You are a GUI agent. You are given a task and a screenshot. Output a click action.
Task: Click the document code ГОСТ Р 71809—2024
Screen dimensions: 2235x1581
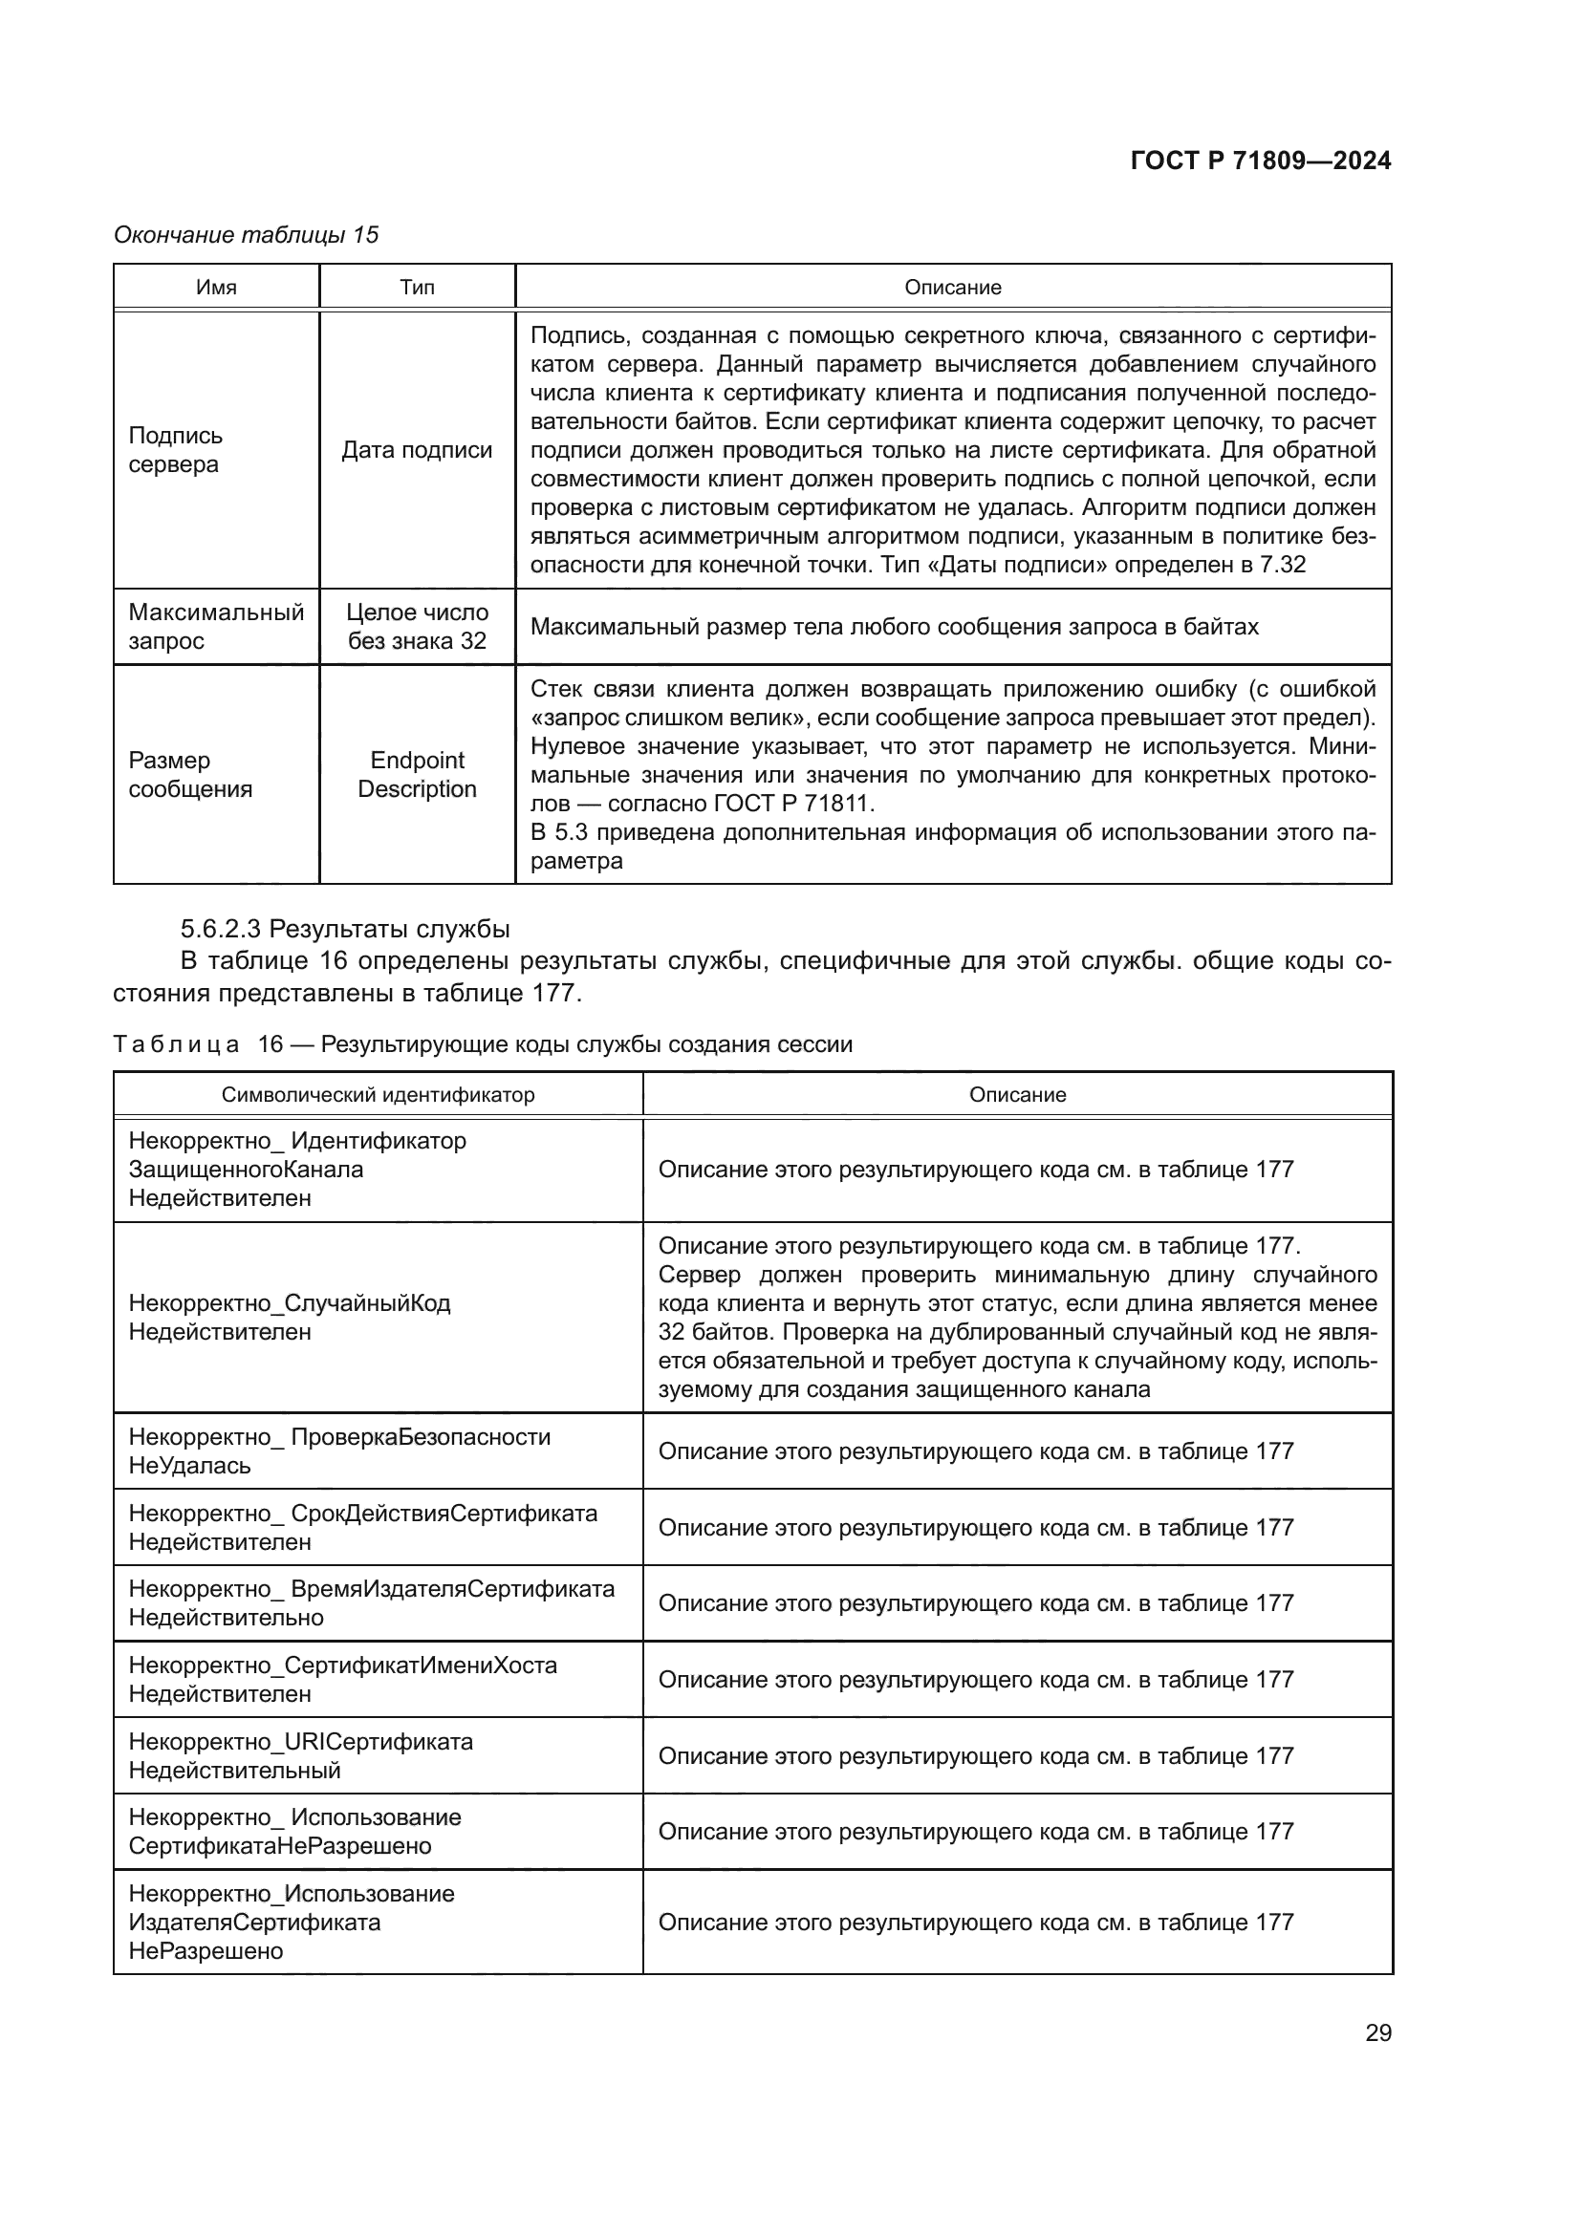tap(1261, 161)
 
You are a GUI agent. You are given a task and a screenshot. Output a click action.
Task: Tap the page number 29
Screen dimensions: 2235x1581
tap(1377, 2032)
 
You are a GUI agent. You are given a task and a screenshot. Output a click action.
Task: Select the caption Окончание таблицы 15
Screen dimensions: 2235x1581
tap(247, 235)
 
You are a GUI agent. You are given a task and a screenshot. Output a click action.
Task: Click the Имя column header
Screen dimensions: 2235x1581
tap(216, 288)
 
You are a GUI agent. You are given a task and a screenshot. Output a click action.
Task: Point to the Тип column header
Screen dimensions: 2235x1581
tap(417, 288)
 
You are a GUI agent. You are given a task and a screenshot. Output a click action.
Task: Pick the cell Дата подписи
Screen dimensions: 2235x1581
tap(417, 450)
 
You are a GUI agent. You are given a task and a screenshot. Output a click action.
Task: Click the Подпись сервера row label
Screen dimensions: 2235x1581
tap(175, 450)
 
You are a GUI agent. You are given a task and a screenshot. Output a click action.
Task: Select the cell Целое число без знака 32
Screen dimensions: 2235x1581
tap(417, 627)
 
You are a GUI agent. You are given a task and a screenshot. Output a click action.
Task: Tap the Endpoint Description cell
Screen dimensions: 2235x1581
tap(417, 775)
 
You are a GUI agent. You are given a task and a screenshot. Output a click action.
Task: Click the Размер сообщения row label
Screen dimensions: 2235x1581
tap(190, 775)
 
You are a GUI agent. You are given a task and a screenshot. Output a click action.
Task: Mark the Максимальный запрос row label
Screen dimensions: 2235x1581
tap(216, 627)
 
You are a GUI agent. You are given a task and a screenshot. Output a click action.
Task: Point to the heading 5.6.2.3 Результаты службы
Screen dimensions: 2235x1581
tap(345, 928)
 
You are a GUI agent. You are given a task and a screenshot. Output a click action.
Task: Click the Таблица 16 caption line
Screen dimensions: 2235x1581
tap(482, 1044)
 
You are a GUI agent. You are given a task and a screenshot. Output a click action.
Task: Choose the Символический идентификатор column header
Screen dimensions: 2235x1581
tap(378, 1094)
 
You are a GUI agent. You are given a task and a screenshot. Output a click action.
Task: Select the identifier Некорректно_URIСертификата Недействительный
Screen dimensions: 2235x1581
tap(300, 1755)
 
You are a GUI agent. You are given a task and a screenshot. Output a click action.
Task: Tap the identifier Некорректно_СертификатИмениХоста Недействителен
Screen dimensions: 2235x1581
tap(343, 1679)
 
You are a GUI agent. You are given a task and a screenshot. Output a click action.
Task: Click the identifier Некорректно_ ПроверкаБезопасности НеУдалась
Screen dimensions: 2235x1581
tap(338, 1451)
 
